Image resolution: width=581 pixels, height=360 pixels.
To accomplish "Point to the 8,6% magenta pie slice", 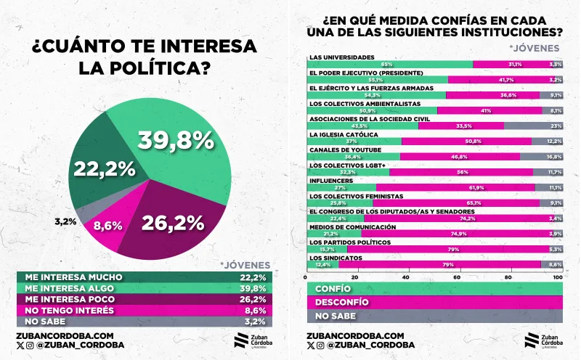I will (108, 226).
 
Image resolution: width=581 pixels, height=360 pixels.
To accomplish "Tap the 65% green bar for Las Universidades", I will (390, 65).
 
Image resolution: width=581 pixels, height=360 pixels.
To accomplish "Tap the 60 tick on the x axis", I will (458, 277).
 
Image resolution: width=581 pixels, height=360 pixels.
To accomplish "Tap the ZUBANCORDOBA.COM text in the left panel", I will (65, 335).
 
